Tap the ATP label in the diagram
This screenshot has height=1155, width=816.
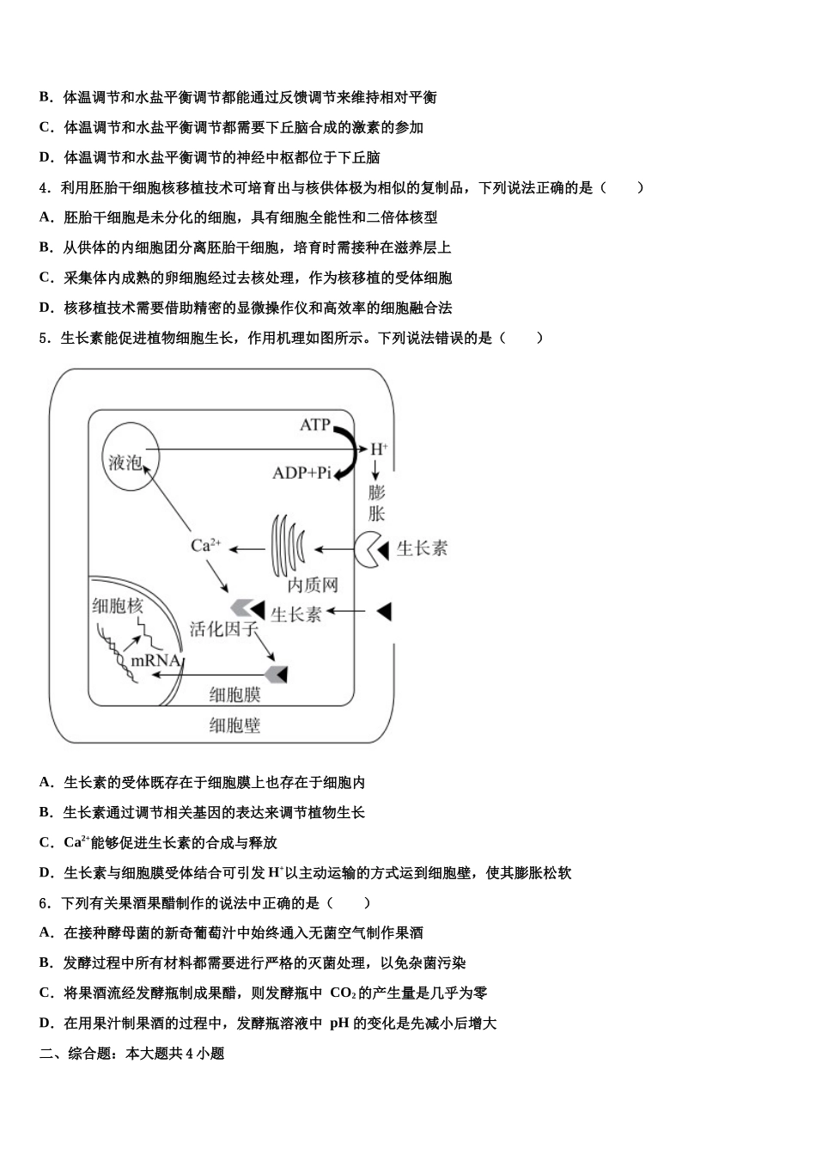click(x=314, y=425)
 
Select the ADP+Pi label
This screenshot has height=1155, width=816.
click(x=301, y=473)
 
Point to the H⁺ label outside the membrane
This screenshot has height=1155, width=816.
click(x=378, y=449)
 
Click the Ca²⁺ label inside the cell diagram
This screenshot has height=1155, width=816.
click(x=206, y=545)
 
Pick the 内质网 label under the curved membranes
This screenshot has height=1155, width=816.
click(x=313, y=585)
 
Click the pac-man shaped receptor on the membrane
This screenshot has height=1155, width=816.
click(x=370, y=548)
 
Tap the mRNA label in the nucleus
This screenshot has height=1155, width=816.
click(x=155, y=660)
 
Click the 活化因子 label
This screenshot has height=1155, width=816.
click(x=223, y=629)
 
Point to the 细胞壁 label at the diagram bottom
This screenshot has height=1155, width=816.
click(x=234, y=725)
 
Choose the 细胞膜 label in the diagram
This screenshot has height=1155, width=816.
click(x=234, y=694)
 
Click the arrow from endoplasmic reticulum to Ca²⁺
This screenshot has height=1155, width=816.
click(x=246, y=548)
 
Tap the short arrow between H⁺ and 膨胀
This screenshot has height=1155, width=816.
click(x=375, y=470)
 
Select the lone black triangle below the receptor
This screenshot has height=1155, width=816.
click(x=384, y=611)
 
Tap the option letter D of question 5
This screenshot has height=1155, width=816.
click(x=46, y=873)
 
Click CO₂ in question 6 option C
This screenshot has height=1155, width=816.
click(x=342, y=993)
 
